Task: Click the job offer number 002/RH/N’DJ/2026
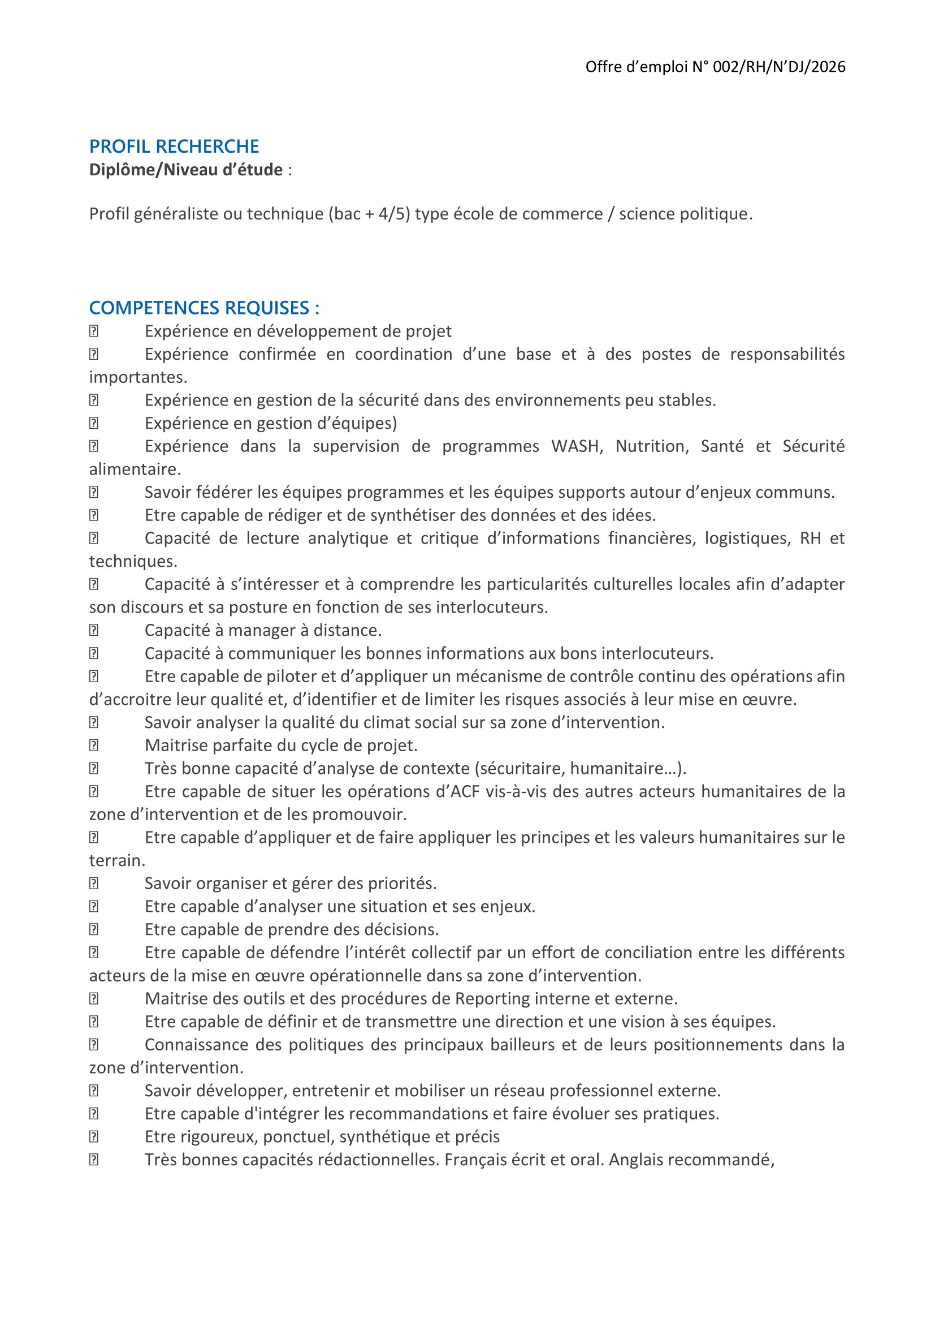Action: [x=779, y=67]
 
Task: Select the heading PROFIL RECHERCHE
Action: [x=174, y=146]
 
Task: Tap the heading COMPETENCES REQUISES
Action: [x=204, y=308]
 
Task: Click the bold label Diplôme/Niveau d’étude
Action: [x=186, y=170]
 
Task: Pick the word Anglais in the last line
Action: [x=640, y=1160]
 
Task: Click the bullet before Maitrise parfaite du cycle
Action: [x=94, y=745]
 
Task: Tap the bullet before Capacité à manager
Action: [x=94, y=630]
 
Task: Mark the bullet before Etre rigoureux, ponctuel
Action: [x=94, y=1137]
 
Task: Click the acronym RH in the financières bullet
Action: [x=811, y=538]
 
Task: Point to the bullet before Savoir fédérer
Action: [x=94, y=492]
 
